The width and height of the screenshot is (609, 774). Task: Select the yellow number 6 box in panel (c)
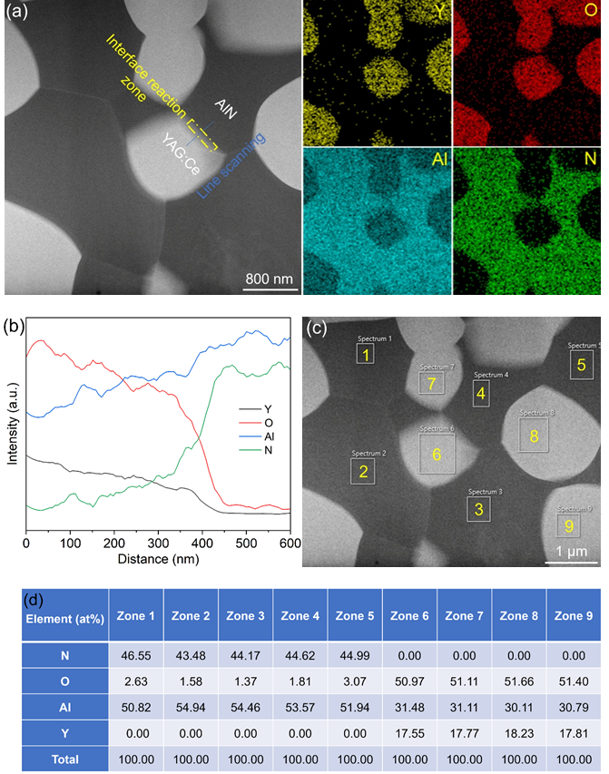click(x=437, y=454)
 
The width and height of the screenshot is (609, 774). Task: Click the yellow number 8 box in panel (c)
click(x=534, y=436)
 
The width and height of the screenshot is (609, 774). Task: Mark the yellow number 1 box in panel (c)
click(x=365, y=354)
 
